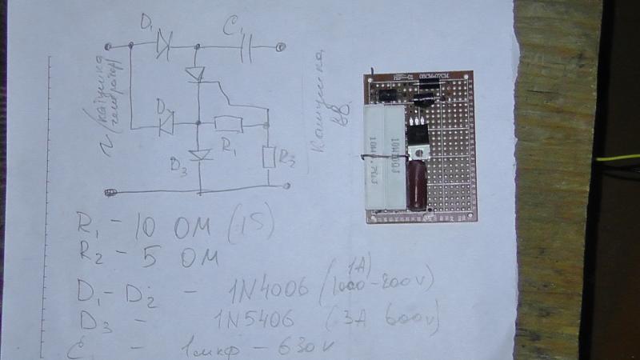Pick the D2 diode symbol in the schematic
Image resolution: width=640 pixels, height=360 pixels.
(166, 124)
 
